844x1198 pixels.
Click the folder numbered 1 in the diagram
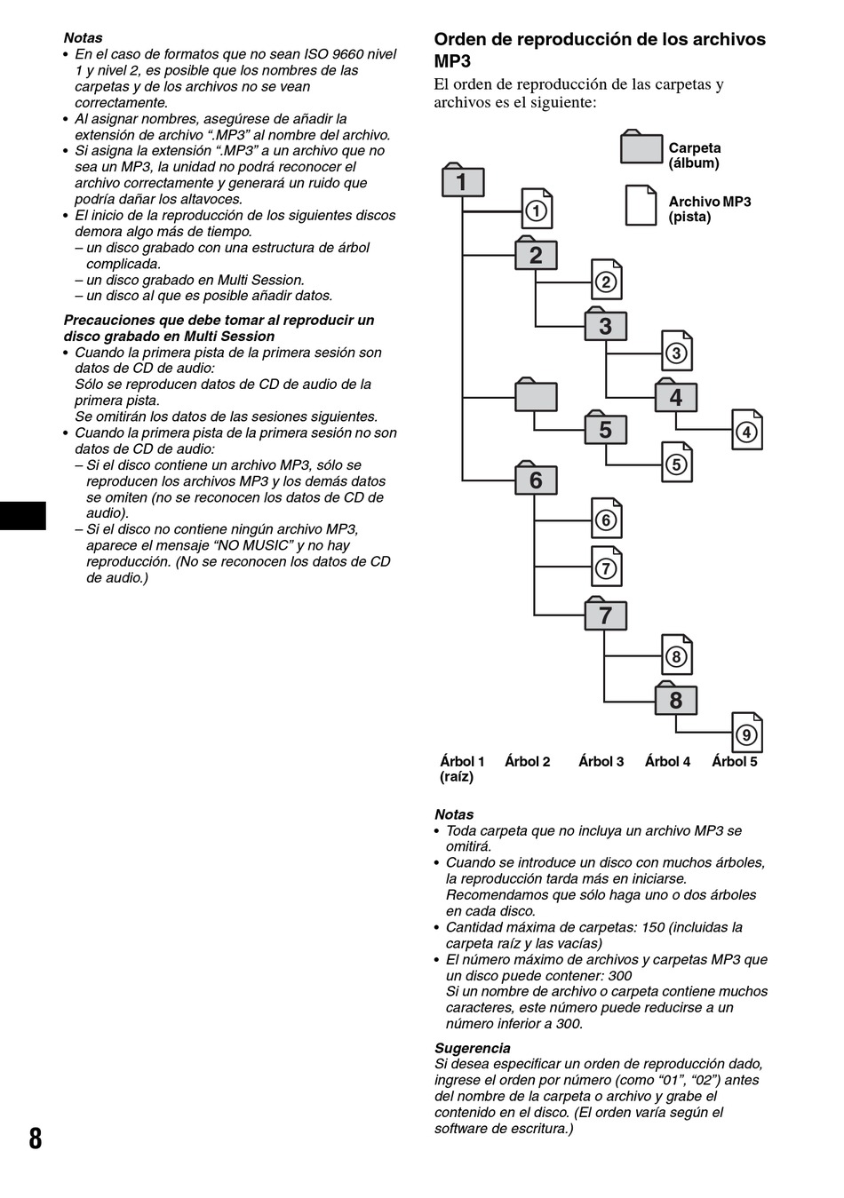click(x=463, y=181)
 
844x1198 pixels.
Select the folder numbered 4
click(x=676, y=396)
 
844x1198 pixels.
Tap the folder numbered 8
click(x=676, y=699)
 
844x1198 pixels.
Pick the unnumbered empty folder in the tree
click(x=536, y=395)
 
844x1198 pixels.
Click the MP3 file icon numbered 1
click(x=536, y=210)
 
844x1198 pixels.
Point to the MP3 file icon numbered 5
click(x=677, y=463)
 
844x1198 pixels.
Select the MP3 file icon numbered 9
click(x=746, y=733)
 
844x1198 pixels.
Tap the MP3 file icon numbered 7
click(x=607, y=567)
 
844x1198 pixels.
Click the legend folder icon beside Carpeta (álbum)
click(x=641, y=148)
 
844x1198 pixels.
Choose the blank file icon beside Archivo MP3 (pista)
click(x=641, y=205)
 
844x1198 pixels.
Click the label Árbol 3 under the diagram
click(x=601, y=762)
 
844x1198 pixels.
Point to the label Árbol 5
click(x=734, y=762)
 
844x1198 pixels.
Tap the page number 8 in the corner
click(x=35, y=1138)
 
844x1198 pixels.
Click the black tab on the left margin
click(x=22, y=516)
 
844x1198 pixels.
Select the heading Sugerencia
click(x=472, y=1048)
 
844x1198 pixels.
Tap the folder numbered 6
click(x=536, y=480)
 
